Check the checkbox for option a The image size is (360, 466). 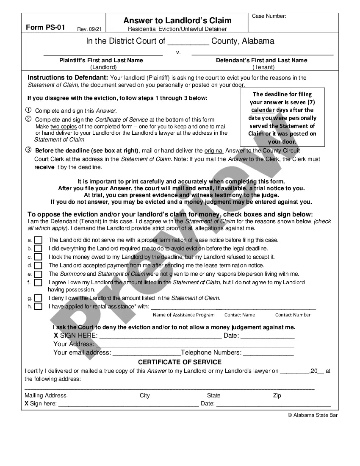click(x=38, y=240)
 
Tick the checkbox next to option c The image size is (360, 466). click(x=38, y=257)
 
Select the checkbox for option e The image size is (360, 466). click(x=38, y=274)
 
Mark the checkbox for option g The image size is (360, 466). click(x=38, y=298)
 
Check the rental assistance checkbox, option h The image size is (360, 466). click(x=38, y=306)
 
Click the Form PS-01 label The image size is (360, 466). click(x=45, y=28)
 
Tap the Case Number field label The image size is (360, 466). click(x=269, y=16)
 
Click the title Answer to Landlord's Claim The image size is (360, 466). click(x=177, y=20)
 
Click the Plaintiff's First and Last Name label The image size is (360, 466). click(x=101, y=60)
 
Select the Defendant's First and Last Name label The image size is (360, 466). click(x=261, y=60)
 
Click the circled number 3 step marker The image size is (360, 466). click(x=28, y=150)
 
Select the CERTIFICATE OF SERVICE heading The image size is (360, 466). click(x=180, y=362)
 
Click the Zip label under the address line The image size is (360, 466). click(x=277, y=395)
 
